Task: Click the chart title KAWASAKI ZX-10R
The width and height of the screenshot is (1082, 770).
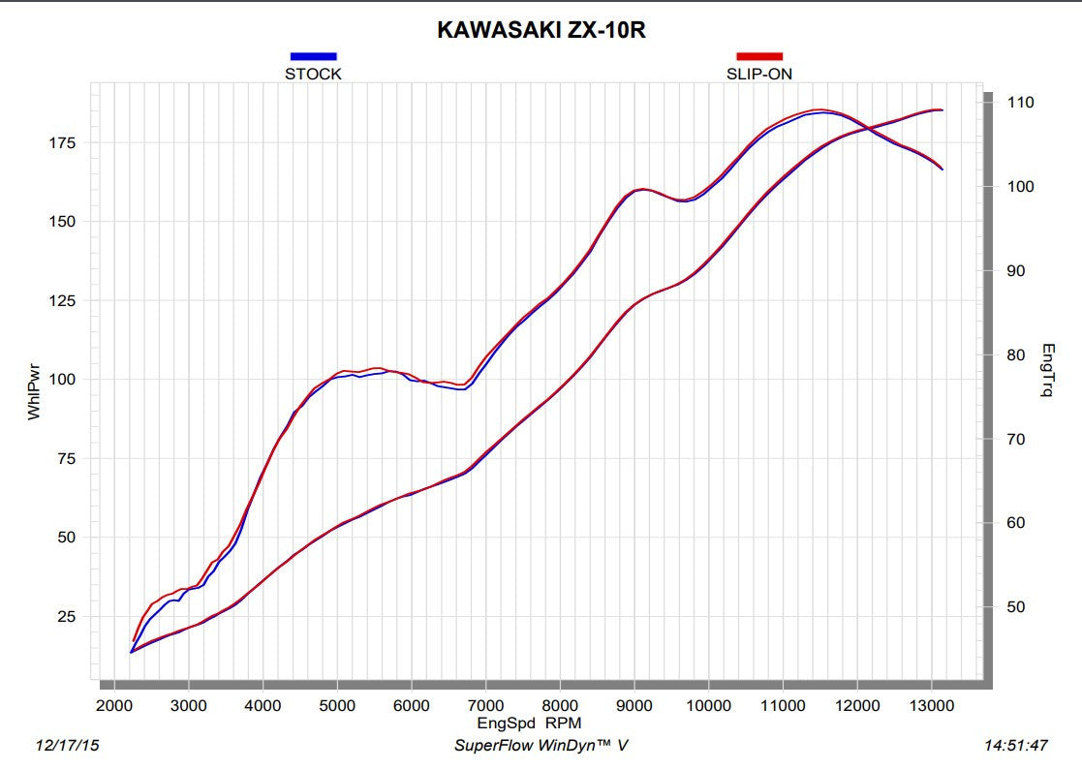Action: [541, 30]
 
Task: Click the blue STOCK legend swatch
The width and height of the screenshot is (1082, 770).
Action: [313, 56]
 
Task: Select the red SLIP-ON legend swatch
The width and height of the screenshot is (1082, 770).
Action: [759, 56]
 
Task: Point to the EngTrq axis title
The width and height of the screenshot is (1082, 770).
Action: [1047, 372]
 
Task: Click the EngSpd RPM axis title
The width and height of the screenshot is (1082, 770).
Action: [529, 722]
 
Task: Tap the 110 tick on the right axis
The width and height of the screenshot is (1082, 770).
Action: [1020, 102]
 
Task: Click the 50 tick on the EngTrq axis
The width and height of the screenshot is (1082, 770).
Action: [1016, 607]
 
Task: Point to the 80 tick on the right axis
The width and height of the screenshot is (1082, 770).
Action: [1016, 354]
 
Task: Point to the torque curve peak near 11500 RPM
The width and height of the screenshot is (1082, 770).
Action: [819, 110]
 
